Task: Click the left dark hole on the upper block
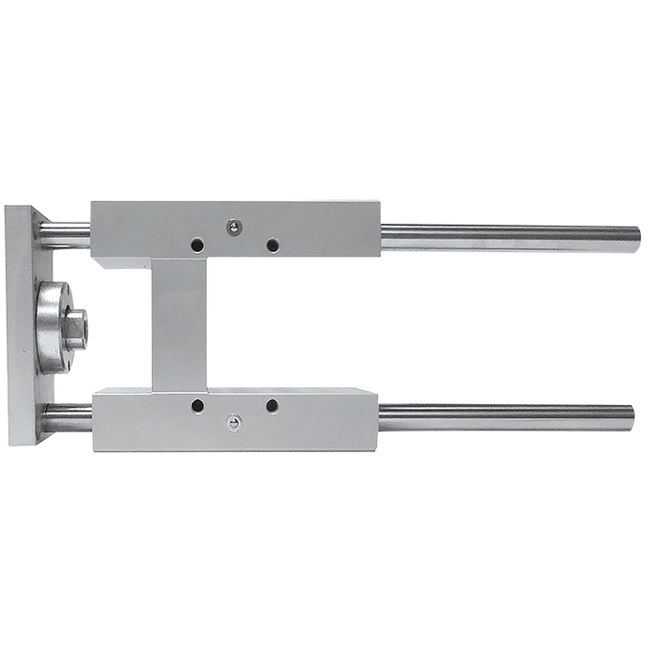[x=196, y=245]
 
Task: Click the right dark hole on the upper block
[x=272, y=245]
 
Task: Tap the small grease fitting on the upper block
[x=234, y=226]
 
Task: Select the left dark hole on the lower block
[x=197, y=406]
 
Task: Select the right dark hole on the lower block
[x=272, y=406]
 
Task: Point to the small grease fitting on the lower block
[x=233, y=424]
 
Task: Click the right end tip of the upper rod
[x=640, y=240]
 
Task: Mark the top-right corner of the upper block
[x=380, y=198]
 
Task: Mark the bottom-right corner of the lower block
[x=378, y=451]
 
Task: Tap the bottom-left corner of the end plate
[x=8, y=446]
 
